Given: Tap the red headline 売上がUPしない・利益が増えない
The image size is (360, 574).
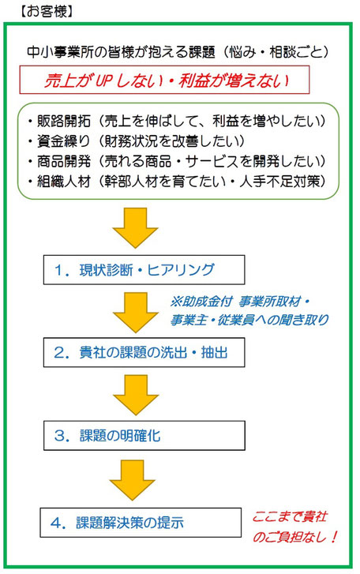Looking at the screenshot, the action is (x=167, y=81).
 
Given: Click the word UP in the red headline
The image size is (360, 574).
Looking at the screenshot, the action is (x=103, y=81).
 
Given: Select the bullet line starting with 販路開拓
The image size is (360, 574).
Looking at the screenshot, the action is (x=177, y=121).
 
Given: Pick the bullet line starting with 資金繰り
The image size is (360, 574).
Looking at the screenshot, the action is (x=137, y=141).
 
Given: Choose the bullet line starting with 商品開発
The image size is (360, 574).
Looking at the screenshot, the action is (x=177, y=161).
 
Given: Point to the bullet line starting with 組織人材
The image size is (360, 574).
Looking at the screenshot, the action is (x=177, y=182).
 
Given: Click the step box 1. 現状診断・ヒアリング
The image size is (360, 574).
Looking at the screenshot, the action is (x=144, y=270).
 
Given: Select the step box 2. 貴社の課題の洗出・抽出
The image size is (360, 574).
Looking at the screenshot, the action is (x=144, y=352).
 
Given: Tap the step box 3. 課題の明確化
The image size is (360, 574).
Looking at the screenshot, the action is (x=144, y=436).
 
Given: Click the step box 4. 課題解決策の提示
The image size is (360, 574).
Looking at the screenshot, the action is (x=141, y=523).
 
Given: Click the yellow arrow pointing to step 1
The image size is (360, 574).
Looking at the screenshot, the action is (x=135, y=227).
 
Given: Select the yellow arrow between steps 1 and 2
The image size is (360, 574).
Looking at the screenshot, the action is (x=135, y=312).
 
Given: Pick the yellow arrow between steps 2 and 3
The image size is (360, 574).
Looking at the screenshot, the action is (x=135, y=395).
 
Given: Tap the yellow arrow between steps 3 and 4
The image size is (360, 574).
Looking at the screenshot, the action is (x=133, y=480).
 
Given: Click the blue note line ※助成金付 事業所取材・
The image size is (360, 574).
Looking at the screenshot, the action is (x=240, y=302).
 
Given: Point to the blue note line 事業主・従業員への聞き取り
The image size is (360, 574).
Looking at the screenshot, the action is (x=249, y=320).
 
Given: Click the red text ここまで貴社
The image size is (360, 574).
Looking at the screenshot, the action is (x=290, y=517).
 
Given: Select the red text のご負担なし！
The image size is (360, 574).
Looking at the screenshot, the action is (x=295, y=537).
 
